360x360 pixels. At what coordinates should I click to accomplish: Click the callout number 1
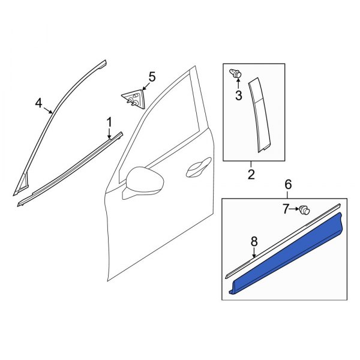(x=109, y=122)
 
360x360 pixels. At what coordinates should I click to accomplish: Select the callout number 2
(x=251, y=175)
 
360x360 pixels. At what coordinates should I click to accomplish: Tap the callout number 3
(x=238, y=95)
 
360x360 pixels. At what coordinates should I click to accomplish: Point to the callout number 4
(x=39, y=103)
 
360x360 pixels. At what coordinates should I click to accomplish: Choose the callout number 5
(x=151, y=76)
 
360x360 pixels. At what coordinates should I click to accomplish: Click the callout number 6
(x=287, y=185)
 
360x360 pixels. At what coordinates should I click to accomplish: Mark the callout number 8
(x=254, y=241)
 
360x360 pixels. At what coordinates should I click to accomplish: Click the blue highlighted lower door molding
(x=288, y=252)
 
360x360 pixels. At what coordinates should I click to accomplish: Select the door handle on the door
(x=198, y=170)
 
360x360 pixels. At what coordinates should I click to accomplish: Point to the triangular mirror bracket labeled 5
(x=133, y=97)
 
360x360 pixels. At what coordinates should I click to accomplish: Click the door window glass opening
(x=165, y=120)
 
